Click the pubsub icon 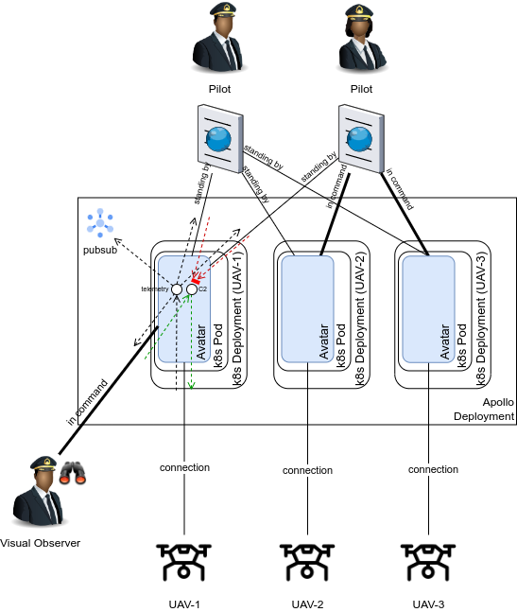point(100,223)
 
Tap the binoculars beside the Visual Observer point(73,473)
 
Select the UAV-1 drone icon point(183,562)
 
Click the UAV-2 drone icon point(307,562)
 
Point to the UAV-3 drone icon point(428,562)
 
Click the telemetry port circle point(177,289)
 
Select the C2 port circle point(192,289)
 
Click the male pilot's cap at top point(223,9)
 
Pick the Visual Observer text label point(40,543)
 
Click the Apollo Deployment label point(484,409)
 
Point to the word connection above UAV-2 point(307,470)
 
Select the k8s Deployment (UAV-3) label point(481,319)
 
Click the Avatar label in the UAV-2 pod point(323,341)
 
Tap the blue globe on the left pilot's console point(218,139)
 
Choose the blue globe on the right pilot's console point(359,138)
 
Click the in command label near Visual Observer point(87,402)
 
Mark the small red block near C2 point(196,281)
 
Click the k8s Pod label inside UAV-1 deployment point(218,346)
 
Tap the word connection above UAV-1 point(184,467)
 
